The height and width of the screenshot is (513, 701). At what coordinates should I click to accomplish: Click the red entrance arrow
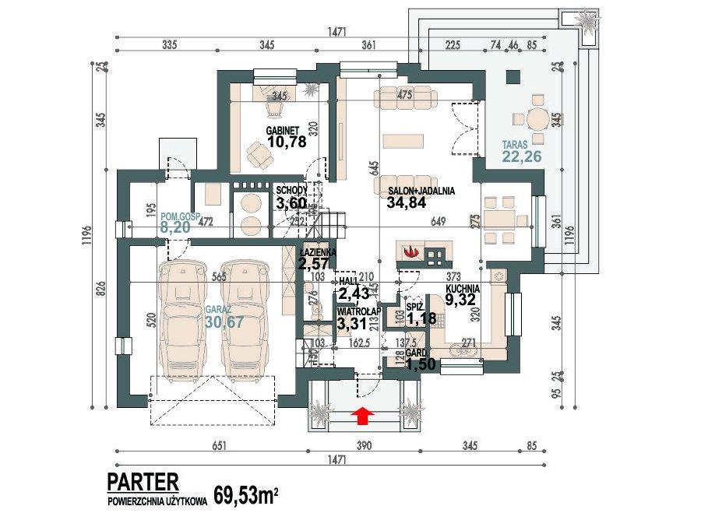(362, 417)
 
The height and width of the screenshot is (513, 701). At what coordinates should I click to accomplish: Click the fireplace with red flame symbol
(411, 251)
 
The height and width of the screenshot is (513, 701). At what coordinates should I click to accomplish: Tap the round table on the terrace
(537, 119)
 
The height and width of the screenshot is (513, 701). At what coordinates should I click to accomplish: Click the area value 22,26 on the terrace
(510, 157)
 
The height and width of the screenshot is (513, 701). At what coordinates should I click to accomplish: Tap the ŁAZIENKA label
(319, 253)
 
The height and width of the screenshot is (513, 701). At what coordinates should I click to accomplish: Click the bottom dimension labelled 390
(363, 446)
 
